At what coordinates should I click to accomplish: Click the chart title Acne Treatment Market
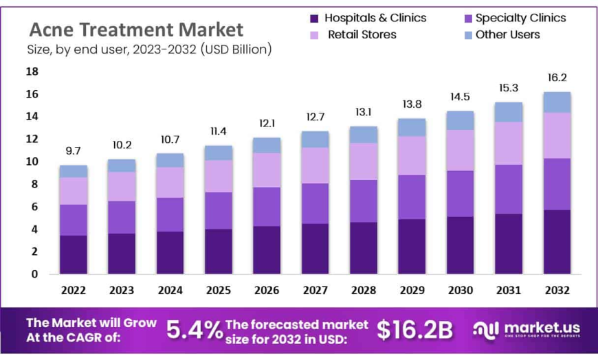click(135, 29)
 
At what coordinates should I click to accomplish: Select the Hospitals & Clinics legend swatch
click(315, 19)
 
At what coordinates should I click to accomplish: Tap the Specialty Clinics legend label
click(520, 18)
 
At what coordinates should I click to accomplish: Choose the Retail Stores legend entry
click(362, 34)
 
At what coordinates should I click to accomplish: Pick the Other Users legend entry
click(507, 34)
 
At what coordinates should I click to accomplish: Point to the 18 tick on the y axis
click(32, 71)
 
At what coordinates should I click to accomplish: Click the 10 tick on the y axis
click(32, 161)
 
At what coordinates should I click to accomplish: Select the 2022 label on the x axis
click(74, 291)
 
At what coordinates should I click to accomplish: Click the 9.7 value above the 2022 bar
click(74, 150)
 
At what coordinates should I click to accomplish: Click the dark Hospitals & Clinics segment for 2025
click(218, 251)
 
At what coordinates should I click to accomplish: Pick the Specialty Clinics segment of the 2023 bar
click(122, 217)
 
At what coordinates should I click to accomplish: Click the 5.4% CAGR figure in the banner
click(194, 330)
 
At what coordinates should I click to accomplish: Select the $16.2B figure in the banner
click(414, 330)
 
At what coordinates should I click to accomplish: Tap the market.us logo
click(526, 330)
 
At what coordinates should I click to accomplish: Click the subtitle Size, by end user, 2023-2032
click(149, 49)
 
